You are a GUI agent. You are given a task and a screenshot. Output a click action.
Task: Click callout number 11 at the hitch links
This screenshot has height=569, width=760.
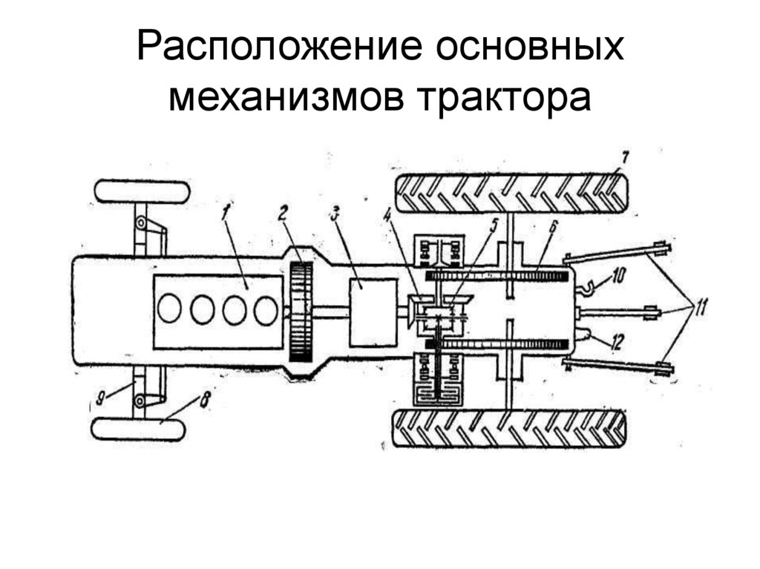(698, 306)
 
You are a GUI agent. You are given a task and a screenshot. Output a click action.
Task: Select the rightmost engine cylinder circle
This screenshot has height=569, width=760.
(265, 310)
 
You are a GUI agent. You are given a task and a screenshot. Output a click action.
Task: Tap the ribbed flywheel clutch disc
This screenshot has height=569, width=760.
(301, 311)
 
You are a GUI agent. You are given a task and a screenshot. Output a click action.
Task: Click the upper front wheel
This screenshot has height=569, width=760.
(142, 191)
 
